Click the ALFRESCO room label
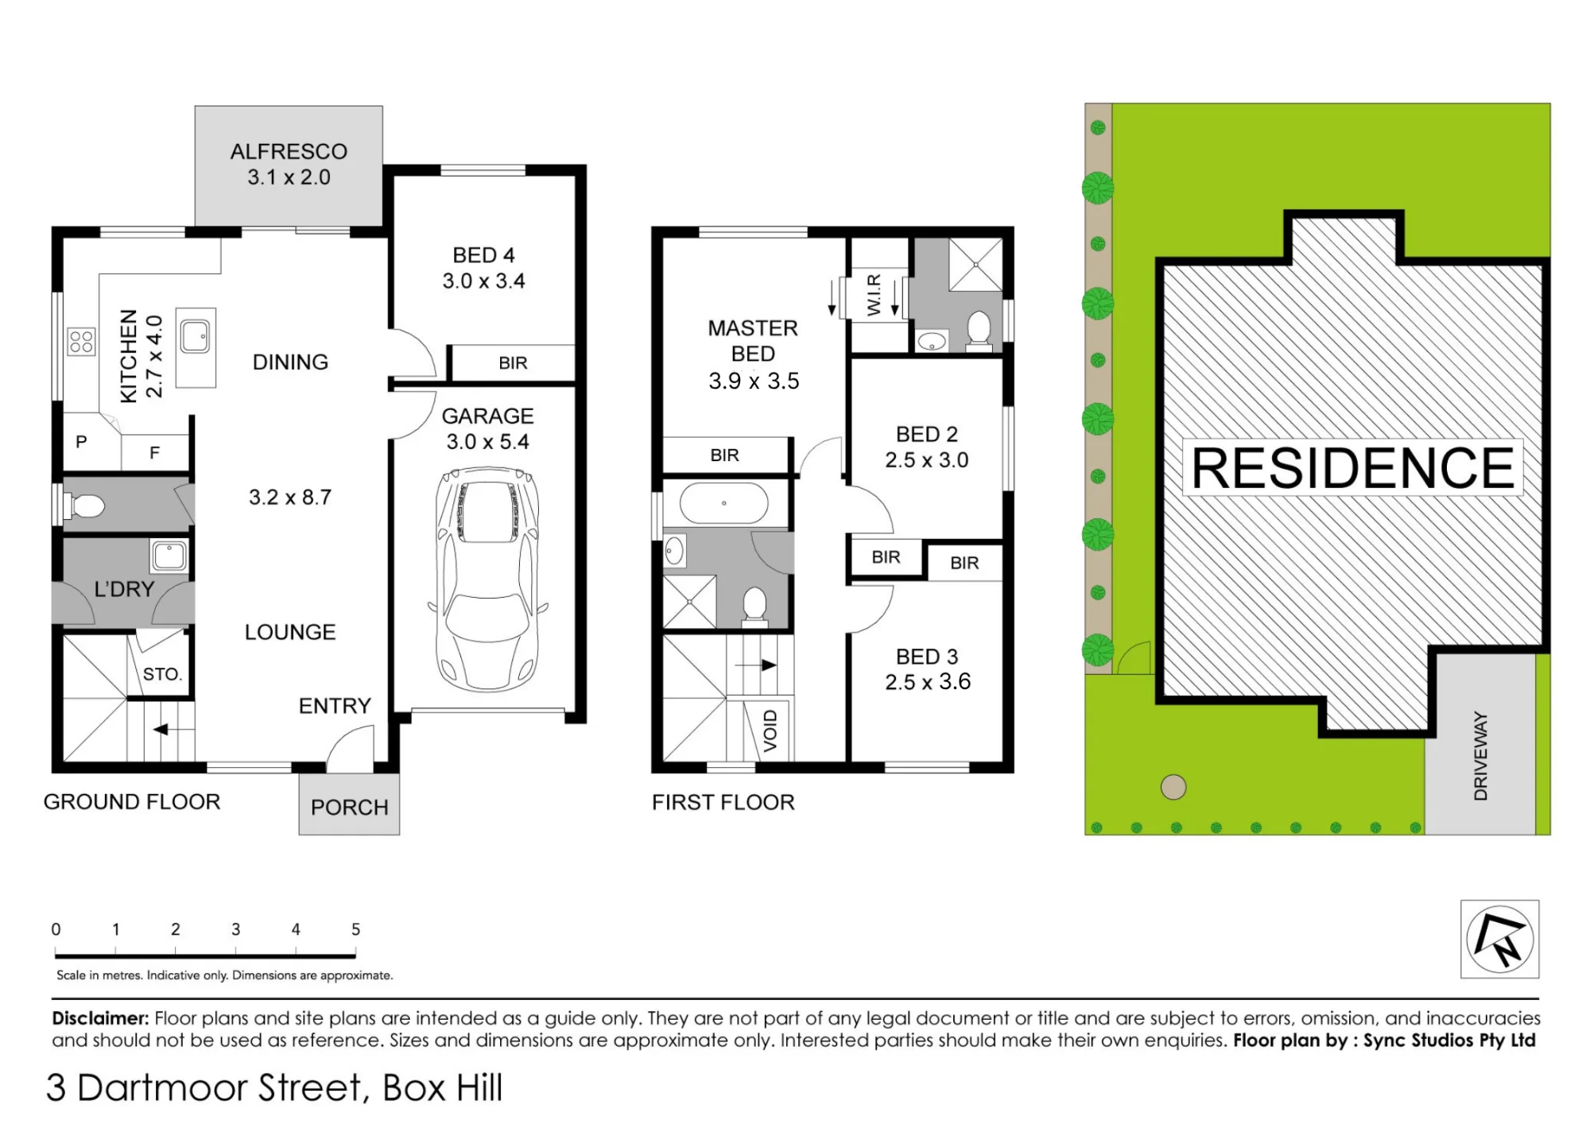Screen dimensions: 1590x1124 [x=289, y=151]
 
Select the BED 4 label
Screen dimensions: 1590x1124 [x=483, y=255]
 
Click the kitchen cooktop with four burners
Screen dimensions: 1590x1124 [x=81, y=342]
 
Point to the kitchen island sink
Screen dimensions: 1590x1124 [x=195, y=336]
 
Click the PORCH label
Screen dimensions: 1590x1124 [x=349, y=808]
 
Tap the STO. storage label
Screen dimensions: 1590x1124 [x=162, y=674]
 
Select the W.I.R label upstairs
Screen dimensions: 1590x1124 [x=874, y=295]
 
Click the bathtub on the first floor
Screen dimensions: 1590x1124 [x=723, y=503]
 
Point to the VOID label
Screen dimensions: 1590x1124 [x=770, y=731]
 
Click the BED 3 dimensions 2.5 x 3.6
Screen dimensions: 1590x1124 [x=928, y=682]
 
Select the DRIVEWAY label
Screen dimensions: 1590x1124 [x=1480, y=756]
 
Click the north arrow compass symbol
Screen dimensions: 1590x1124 [x=1499, y=939]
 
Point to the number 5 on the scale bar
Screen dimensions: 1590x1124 [x=355, y=929]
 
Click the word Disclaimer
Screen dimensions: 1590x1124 [x=100, y=1018]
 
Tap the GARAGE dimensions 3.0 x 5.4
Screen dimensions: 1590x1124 [x=487, y=442]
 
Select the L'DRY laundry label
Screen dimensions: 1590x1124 [x=124, y=589]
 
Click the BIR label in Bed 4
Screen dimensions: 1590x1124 [x=513, y=363]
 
